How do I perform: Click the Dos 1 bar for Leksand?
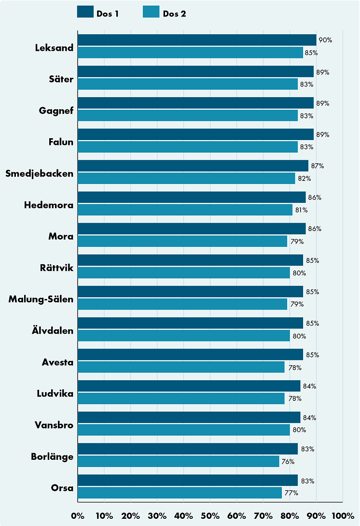(x=197, y=40)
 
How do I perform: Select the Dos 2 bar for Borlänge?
(x=178, y=461)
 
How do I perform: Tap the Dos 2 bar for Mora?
(x=182, y=241)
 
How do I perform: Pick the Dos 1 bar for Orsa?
(x=187, y=481)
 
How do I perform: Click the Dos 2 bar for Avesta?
(x=181, y=367)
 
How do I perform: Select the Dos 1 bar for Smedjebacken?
(x=193, y=166)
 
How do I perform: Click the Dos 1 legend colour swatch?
(x=85, y=12)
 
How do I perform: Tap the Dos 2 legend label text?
(x=174, y=14)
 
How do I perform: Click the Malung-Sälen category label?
(x=41, y=299)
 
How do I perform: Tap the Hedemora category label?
(x=49, y=205)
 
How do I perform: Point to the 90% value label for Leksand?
(x=325, y=40)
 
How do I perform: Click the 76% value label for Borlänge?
(x=288, y=461)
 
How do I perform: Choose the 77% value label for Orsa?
(x=291, y=493)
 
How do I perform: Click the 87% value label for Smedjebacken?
(x=317, y=166)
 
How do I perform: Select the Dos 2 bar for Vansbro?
(x=183, y=430)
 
